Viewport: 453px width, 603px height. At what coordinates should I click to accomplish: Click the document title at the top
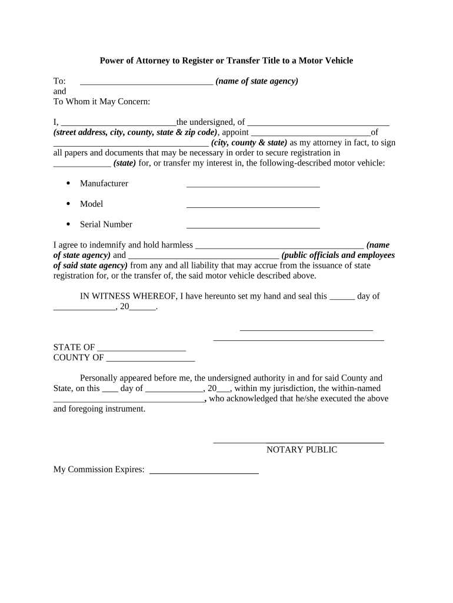(x=226, y=61)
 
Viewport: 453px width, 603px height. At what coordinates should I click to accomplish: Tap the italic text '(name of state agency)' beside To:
(x=257, y=81)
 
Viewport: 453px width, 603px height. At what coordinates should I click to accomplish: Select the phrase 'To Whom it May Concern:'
(x=102, y=102)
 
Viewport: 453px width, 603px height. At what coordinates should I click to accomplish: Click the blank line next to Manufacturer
(x=253, y=186)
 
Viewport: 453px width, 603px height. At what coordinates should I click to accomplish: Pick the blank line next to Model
(x=253, y=207)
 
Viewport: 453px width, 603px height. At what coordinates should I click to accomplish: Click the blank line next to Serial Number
(x=253, y=227)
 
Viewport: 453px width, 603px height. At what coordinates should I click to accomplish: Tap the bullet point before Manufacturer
(x=68, y=183)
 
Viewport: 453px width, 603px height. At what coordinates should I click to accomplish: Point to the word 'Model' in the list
(x=91, y=204)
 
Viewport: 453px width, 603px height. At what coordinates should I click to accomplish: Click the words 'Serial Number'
(x=106, y=224)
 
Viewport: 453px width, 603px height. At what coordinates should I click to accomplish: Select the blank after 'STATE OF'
(x=141, y=350)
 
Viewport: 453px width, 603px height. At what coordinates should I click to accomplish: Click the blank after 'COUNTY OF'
(x=151, y=360)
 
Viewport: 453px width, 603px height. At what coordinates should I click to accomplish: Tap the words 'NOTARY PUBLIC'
(x=302, y=450)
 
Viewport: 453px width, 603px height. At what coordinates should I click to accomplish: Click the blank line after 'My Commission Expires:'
(x=204, y=472)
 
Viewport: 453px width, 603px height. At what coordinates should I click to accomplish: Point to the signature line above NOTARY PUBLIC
(x=298, y=441)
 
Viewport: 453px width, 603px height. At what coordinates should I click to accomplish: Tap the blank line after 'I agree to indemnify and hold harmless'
(x=279, y=247)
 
